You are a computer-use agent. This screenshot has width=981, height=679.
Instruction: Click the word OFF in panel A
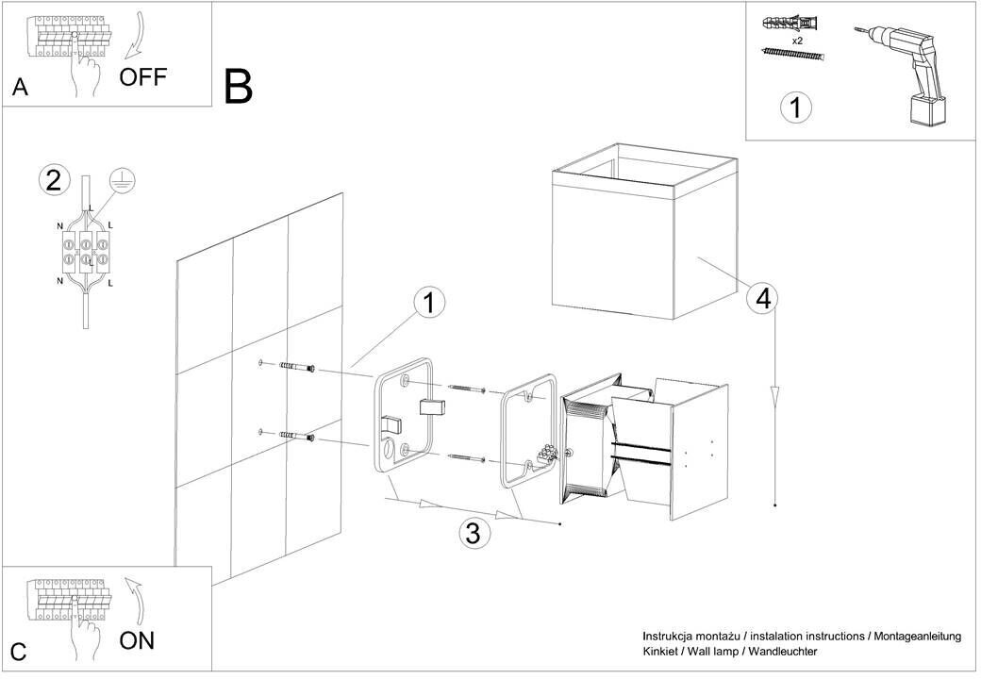[142, 76]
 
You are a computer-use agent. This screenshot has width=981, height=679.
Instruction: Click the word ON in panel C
[137, 641]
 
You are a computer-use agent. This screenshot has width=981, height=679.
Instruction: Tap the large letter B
[239, 87]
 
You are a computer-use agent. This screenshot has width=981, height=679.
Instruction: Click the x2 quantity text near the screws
[797, 41]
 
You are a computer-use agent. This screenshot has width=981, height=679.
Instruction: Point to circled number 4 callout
[762, 298]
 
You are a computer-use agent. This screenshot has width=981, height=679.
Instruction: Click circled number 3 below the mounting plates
[474, 534]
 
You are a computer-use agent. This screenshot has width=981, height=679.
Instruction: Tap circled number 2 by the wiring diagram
[55, 179]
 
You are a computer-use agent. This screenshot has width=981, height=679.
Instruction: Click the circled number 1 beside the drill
[795, 108]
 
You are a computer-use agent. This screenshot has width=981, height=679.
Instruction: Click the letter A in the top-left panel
[20, 89]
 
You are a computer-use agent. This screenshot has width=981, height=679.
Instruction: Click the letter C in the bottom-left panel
[19, 653]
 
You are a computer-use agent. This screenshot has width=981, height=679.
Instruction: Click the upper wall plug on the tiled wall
[294, 367]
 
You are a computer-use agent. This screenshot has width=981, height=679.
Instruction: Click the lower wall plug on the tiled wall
[294, 436]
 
